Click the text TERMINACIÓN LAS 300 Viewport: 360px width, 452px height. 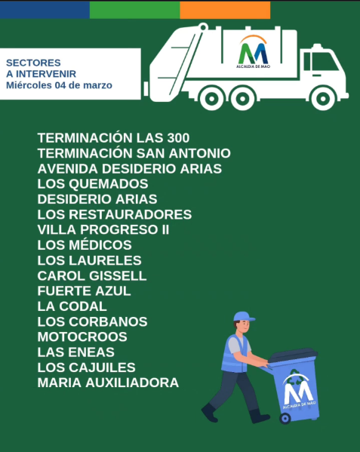113,138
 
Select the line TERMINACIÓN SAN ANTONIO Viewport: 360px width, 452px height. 134,153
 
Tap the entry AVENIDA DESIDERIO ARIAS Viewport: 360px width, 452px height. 129,169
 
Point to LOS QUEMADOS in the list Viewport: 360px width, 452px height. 92,184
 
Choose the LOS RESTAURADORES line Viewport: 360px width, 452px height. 114,214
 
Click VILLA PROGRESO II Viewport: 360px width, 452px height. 103,229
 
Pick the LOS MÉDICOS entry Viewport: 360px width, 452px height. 85,245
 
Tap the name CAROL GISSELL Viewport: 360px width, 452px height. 91,275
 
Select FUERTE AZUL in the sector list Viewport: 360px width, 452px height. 84,291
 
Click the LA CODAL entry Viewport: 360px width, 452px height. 72,306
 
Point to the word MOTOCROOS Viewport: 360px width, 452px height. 82,337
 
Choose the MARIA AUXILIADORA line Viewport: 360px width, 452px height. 108,383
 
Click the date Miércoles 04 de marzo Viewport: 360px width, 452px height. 59,85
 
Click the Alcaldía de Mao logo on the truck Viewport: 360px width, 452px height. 253,51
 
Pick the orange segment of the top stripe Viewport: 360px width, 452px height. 225,9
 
